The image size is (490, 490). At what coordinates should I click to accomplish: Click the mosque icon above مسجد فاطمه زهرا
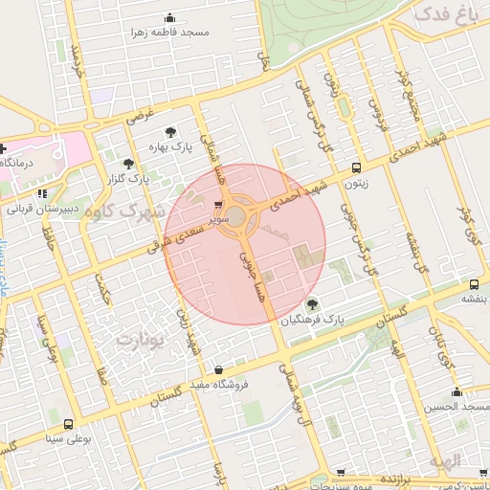click(170, 18)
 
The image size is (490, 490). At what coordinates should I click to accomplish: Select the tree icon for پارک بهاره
click(170, 133)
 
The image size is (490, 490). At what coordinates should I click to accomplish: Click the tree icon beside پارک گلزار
click(128, 164)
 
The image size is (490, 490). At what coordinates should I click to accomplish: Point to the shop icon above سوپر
click(220, 205)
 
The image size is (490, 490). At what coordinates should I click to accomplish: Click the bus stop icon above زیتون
click(356, 167)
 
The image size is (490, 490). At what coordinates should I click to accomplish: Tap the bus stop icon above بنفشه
click(475, 284)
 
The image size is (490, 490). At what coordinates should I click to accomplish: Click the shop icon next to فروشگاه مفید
click(218, 369)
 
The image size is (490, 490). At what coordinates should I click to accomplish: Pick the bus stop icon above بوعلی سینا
click(68, 424)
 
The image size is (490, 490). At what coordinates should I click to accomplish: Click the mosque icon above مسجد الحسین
click(457, 391)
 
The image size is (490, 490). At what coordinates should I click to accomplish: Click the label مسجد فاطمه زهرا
click(171, 33)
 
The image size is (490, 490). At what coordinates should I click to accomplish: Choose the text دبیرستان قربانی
click(33, 208)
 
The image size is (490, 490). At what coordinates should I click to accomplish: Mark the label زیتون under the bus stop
click(355, 181)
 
